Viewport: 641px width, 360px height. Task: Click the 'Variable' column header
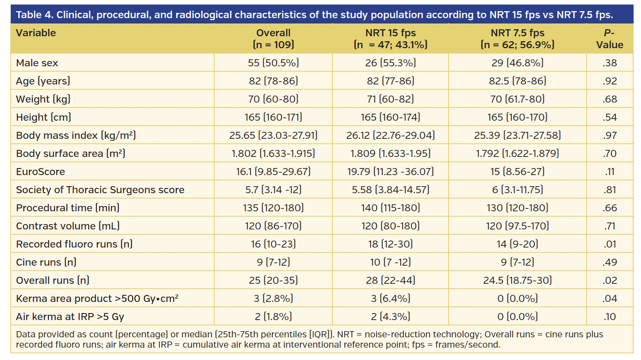(x=36, y=33)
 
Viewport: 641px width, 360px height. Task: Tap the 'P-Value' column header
(x=609, y=39)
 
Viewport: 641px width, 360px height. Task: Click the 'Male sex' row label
(x=37, y=63)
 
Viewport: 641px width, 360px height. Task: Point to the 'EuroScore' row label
(x=40, y=172)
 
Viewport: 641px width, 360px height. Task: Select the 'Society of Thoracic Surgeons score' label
(x=100, y=190)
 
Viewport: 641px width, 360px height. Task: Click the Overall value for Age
(x=273, y=81)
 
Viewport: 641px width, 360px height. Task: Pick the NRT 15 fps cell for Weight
(x=390, y=99)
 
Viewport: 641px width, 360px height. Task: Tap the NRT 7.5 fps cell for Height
(x=517, y=117)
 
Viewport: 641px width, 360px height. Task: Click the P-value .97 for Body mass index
(x=609, y=136)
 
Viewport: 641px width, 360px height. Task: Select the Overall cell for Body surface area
(x=273, y=154)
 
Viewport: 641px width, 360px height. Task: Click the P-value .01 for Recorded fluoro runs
(x=609, y=244)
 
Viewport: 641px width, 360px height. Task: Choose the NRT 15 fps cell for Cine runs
(x=390, y=262)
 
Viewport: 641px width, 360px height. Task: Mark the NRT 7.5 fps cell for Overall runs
(x=517, y=281)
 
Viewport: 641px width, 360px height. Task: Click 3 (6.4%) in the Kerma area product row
(x=390, y=299)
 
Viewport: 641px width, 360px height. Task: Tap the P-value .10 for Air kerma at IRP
(x=609, y=317)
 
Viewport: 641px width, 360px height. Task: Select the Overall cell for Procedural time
(x=273, y=208)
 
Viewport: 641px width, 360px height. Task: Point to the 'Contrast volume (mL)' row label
(x=68, y=226)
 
